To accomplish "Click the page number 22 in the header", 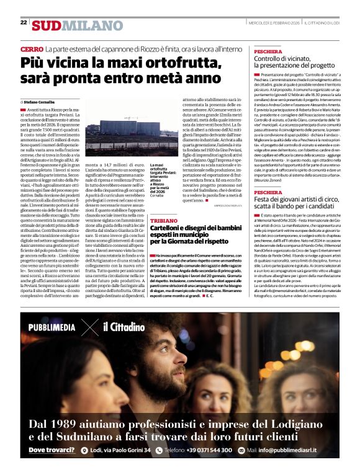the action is pyautogui.click(x=24, y=22).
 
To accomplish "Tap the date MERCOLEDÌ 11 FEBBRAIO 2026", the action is pyautogui.click(x=274, y=22).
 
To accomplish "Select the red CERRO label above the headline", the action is pyautogui.click(x=31, y=48).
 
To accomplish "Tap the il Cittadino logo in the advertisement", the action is pyautogui.click(x=124, y=327).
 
